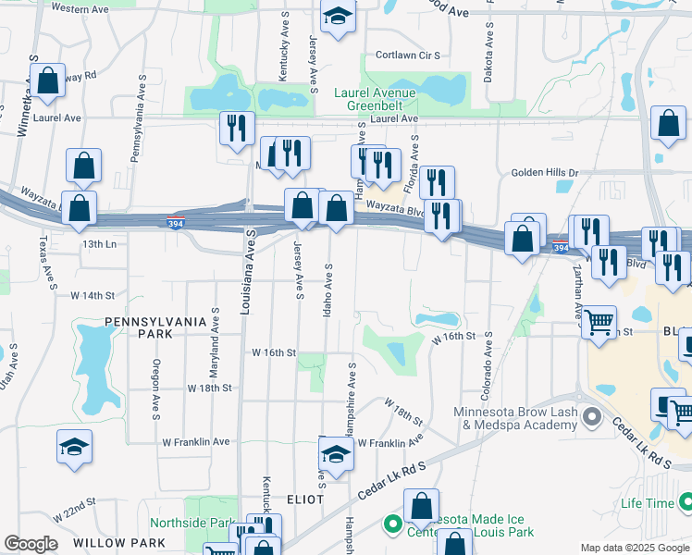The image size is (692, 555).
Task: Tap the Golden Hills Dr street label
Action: [544, 173]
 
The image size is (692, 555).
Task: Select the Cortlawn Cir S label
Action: [407, 55]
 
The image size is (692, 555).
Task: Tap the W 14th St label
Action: [92, 295]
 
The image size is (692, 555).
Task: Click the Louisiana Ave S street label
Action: [246, 269]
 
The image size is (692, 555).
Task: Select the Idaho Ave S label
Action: [327, 290]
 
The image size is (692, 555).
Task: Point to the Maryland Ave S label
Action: [214, 335]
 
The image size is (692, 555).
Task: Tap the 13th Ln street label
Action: [99, 244]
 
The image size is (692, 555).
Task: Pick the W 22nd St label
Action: [74, 508]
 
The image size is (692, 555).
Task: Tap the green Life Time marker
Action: [685, 502]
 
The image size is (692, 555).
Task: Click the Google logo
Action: [31, 544]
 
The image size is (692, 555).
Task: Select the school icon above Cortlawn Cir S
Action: [338, 17]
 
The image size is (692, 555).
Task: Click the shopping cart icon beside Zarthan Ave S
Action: [599, 324]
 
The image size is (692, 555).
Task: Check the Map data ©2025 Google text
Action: [634, 548]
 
